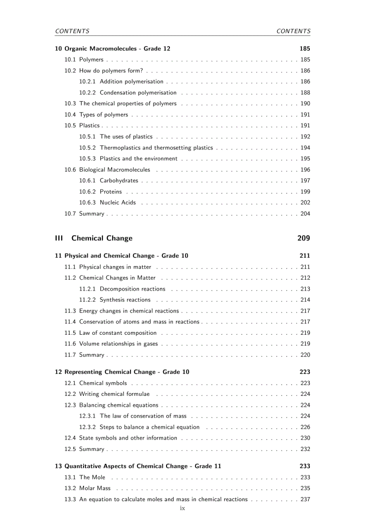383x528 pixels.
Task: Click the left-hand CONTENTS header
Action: (x=72, y=31)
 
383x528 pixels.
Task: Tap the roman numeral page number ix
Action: (x=183, y=508)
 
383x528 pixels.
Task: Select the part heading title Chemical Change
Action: (x=102, y=238)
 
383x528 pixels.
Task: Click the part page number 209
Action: (x=303, y=238)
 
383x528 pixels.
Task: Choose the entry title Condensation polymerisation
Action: (x=138, y=93)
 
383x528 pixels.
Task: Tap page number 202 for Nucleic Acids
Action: (x=305, y=203)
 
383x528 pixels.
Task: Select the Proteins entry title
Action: (x=110, y=192)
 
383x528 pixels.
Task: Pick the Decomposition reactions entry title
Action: (x=132, y=289)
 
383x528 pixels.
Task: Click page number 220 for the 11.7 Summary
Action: (x=305, y=355)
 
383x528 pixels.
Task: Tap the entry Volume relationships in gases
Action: (x=118, y=344)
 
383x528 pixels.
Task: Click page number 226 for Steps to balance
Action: (x=305, y=427)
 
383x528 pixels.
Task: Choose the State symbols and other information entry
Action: (x=128, y=438)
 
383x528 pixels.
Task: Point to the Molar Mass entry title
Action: (x=95, y=489)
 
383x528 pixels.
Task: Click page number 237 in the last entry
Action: (x=305, y=499)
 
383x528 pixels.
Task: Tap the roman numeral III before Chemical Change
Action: (x=59, y=238)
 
